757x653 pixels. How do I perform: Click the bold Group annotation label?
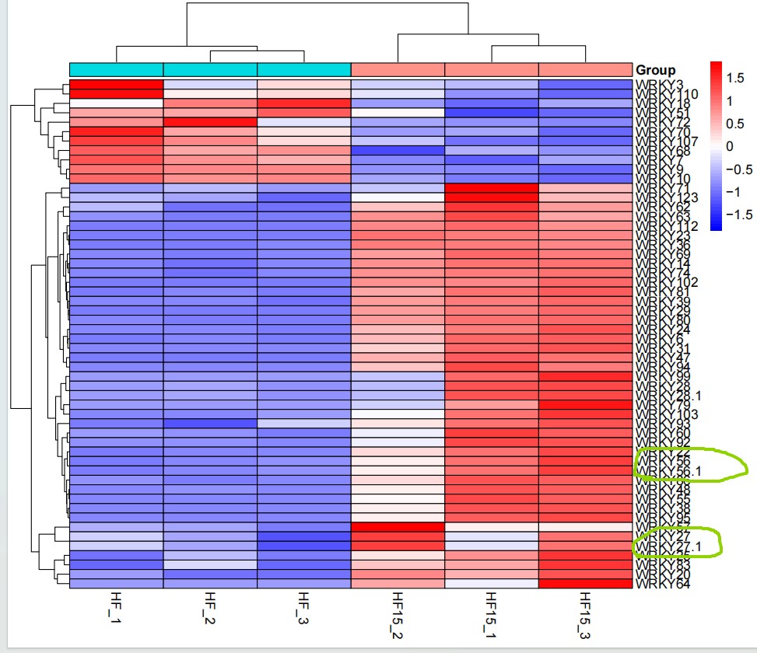tap(655, 70)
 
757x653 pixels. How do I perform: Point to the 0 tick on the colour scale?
tap(730, 145)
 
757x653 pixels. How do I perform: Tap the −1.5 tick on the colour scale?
tap(739, 214)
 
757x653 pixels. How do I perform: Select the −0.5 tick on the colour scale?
tap(739, 169)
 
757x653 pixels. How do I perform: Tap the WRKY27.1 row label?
tap(667, 547)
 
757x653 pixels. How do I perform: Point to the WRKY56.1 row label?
tap(667, 471)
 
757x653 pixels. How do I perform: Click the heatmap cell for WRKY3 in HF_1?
tap(116, 85)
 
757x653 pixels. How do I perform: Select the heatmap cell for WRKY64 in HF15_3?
tap(584, 583)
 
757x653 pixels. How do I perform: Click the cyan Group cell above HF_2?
tap(210, 70)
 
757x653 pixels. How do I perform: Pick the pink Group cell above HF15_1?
tap(491, 70)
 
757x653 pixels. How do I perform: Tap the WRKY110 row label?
tap(667, 94)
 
